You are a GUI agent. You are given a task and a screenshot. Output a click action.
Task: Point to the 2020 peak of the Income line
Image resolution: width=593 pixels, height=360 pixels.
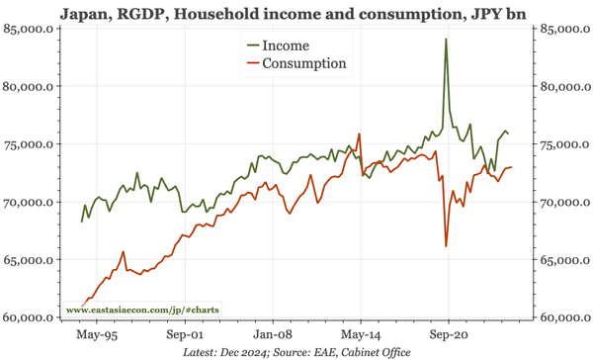point(446,40)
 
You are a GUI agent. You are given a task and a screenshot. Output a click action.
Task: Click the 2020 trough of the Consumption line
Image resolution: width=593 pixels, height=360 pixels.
point(447,245)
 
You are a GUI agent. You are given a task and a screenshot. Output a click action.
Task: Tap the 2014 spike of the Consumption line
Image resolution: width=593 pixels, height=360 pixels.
point(359,135)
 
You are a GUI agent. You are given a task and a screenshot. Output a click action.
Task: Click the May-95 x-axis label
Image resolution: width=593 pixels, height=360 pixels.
point(96,334)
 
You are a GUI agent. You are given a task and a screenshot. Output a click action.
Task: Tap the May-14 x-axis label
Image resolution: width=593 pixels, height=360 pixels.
point(359,334)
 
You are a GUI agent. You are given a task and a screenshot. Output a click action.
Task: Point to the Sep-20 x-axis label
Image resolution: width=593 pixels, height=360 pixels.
point(447,334)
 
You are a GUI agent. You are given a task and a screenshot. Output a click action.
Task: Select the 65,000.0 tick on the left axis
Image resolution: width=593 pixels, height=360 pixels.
point(31,260)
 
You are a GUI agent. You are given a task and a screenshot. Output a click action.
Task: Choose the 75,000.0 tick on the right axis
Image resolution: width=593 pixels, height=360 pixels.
point(563,144)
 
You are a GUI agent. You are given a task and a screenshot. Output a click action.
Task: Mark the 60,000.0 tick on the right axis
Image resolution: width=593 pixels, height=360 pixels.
point(563,317)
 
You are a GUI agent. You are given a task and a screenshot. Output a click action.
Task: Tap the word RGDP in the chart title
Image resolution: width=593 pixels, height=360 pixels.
point(149,13)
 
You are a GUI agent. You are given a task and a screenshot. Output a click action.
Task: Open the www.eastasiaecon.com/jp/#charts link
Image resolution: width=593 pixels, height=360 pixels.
point(142,311)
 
